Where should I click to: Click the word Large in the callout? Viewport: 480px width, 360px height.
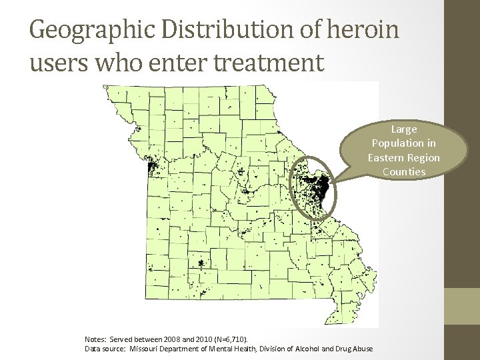tap(403, 129)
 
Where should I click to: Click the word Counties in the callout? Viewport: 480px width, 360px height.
tap(403, 172)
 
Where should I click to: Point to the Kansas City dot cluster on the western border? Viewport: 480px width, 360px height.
tap(151, 167)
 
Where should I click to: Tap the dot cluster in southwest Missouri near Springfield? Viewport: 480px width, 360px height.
tap(200, 264)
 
